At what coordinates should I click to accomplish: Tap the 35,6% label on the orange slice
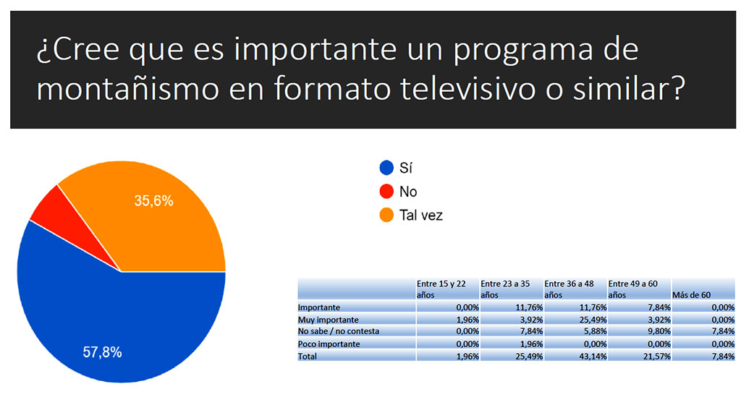(x=153, y=201)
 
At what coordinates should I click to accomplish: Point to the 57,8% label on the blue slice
(x=101, y=353)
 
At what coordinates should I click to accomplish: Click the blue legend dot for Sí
(x=386, y=169)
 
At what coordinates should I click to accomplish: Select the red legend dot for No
(x=386, y=192)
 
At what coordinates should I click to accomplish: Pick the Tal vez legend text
(x=421, y=216)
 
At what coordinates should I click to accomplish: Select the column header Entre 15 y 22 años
(x=446, y=289)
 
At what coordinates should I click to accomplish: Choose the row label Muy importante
(x=329, y=319)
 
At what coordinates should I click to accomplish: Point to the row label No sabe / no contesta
(x=339, y=331)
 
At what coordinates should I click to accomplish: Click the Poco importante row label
(x=329, y=344)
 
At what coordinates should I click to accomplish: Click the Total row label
(x=309, y=356)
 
